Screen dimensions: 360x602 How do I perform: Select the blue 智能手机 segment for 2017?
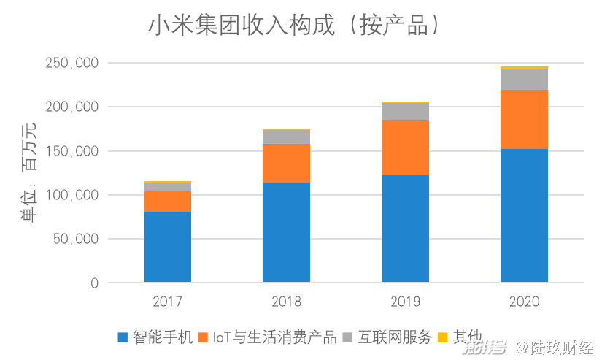click(x=167, y=247)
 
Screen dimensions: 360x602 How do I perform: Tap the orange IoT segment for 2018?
click(x=286, y=163)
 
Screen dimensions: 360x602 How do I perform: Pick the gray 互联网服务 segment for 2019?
click(x=405, y=112)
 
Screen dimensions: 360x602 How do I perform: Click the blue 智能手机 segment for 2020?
click(x=524, y=215)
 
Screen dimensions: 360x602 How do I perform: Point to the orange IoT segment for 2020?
click(x=524, y=119)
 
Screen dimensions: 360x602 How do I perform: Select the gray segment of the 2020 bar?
click(x=524, y=79)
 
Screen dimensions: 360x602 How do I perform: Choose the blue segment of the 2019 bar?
click(x=405, y=229)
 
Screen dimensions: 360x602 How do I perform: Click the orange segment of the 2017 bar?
click(x=167, y=202)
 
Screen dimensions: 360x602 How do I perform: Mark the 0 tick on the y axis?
click(x=94, y=283)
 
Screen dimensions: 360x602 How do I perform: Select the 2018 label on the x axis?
click(x=286, y=302)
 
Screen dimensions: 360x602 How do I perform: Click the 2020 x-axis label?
click(x=524, y=302)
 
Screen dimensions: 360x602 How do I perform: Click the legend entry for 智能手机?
click(x=155, y=337)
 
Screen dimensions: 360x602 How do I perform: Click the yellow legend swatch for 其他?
click(x=442, y=337)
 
